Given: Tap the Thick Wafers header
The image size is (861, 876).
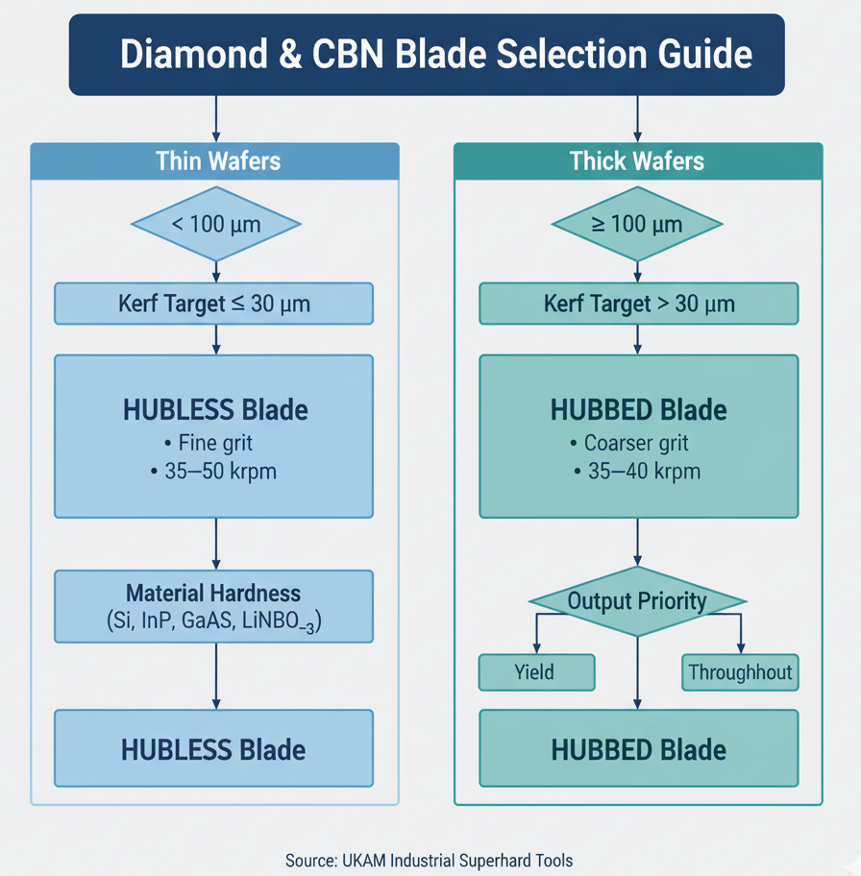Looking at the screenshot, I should (x=637, y=160).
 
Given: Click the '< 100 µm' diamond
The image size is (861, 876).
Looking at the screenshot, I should (x=215, y=225).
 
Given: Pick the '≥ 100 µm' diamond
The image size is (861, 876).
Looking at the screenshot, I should (x=637, y=225).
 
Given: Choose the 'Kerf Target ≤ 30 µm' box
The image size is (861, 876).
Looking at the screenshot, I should (x=213, y=304).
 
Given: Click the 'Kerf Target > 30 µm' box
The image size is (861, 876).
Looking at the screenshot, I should (x=639, y=304).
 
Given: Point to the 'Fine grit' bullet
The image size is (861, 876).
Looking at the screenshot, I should (x=215, y=443).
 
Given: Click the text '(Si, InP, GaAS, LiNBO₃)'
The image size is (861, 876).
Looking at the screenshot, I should (x=213, y=621).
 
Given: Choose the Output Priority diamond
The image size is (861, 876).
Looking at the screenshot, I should (x=637, y=602).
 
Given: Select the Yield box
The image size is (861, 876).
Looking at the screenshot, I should (x=536, y=672).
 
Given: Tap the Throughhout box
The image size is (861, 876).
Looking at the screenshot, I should (x=740, y=672).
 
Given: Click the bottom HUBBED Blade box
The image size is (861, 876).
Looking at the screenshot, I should (x=639, y=750).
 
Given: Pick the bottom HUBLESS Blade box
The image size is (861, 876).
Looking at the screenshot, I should (x=213, y=749).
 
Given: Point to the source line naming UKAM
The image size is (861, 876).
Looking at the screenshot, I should (x=429, y=860).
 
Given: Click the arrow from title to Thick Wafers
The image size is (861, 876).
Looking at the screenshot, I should (x=637, y=118).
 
